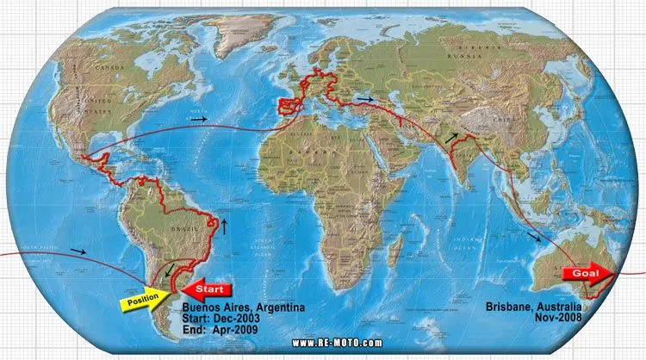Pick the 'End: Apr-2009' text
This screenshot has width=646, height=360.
coord(221,327)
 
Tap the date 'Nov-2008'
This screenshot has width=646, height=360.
coord(559,317)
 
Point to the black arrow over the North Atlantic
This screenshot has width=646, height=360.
coord(200,119)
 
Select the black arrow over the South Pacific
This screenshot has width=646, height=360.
coord(78,252)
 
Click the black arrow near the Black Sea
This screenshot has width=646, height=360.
coord(366,101)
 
